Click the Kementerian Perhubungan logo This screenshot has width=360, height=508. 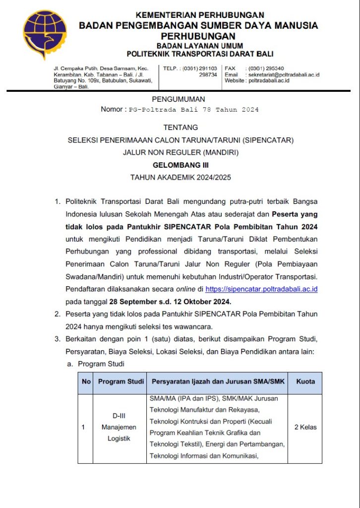45,34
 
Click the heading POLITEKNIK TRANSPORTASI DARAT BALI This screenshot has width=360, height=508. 200,54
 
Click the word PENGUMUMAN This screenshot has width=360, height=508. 178,99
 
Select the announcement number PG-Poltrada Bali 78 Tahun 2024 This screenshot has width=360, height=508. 193,110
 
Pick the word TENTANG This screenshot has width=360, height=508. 180,127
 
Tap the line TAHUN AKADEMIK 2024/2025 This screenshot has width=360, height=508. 180,177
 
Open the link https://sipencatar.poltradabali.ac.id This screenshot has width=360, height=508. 261,289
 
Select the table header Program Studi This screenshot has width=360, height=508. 121,381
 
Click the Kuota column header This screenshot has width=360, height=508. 305,381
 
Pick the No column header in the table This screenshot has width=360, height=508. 86,381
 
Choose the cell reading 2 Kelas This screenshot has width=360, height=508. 305,427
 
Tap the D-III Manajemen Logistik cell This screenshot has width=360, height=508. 119,427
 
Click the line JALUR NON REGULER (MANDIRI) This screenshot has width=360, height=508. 180,153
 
